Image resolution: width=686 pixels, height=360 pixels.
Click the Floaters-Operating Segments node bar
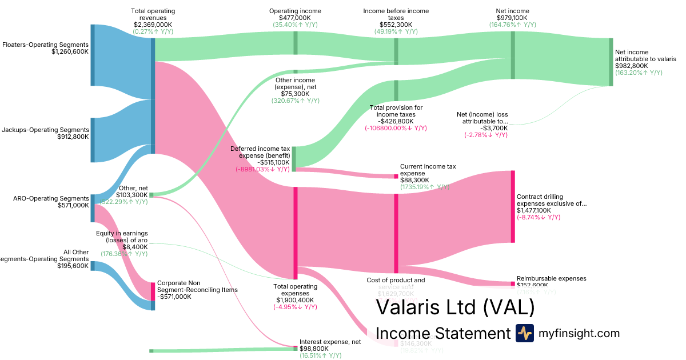pyautogui.click(x=93, y=55)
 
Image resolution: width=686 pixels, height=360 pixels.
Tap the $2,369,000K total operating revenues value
pyautogui.click(x=153, y=25)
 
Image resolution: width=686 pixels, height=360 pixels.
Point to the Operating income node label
pyautogui.click(x=295, y=11)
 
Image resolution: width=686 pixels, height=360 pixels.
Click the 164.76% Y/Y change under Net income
pyautogui.click(x=513, y=25)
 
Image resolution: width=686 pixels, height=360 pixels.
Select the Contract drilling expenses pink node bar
pyautogui.click(x=513, y=206)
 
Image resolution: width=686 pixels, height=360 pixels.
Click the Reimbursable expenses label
pyautogui.click(x=552, y=278)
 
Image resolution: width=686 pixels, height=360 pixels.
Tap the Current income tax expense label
pyautogui.click(x=428, y=170)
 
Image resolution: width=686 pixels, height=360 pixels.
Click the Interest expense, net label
pyautogui.click(x=330, y=341)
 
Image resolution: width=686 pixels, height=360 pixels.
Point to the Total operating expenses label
pyautogui.click(x=295, y=290)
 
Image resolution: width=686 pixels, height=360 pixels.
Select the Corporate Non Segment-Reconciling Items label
pyautogui.click(x=197, y=286)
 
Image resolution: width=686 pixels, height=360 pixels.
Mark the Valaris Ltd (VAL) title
pyautogui.click(x=455, y=307)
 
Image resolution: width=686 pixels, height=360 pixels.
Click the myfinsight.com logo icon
pyautogui.click(x=524, y=333)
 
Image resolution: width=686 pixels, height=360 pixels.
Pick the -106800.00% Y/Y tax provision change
pyautogui.click(x=396, y=128)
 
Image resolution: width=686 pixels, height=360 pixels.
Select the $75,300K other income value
pyautogui.click(x=295, y=94)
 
